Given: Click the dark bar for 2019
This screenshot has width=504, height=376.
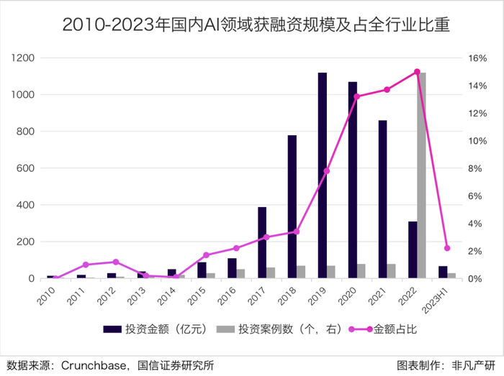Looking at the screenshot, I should point(323,175).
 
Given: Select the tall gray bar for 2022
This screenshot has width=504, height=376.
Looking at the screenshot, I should point(423,175).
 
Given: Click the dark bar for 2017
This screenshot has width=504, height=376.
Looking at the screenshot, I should point(262,242).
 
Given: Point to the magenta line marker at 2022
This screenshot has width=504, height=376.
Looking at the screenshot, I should point(417,72).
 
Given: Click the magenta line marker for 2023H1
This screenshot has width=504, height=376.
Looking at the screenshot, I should point(447,248).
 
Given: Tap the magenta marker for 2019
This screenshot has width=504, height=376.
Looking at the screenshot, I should point(327,170).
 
